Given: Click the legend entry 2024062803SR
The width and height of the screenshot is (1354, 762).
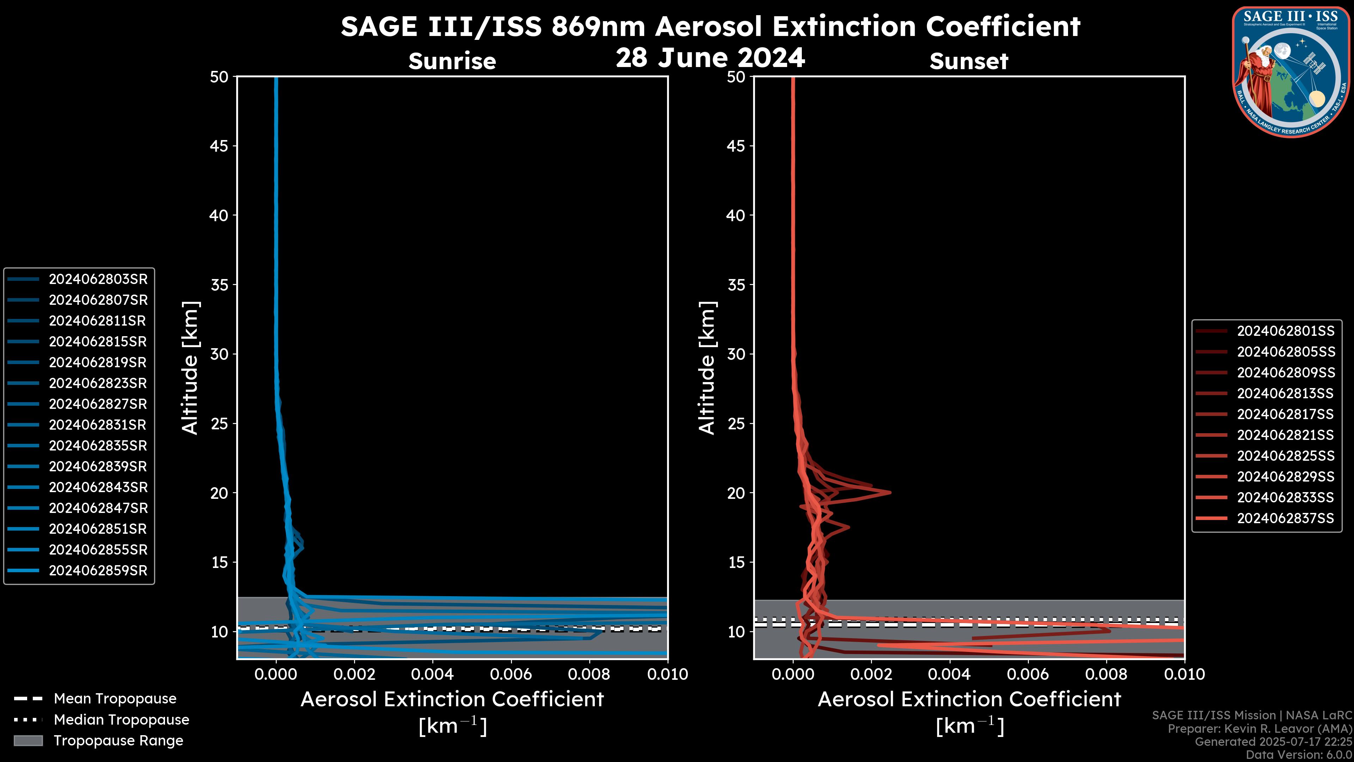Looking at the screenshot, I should click(98, 279).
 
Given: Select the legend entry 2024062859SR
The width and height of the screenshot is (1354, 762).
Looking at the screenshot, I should click(98, 570).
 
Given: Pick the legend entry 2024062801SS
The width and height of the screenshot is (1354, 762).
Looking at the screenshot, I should click(1285, 331).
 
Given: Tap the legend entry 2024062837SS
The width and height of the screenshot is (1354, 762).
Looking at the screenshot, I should click(1285, 518).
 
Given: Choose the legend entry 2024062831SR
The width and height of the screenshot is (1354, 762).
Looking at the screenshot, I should click(98, 425).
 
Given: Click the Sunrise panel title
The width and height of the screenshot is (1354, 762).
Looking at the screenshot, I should click(452, 61).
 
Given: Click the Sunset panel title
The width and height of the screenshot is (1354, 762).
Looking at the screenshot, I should click(969, 61).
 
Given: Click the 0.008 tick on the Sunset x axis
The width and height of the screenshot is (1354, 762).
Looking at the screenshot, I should click(1106, 674).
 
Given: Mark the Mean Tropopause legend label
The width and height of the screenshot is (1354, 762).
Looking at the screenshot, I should click(115, 698).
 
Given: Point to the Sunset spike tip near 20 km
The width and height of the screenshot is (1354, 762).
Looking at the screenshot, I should click(890, 493).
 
